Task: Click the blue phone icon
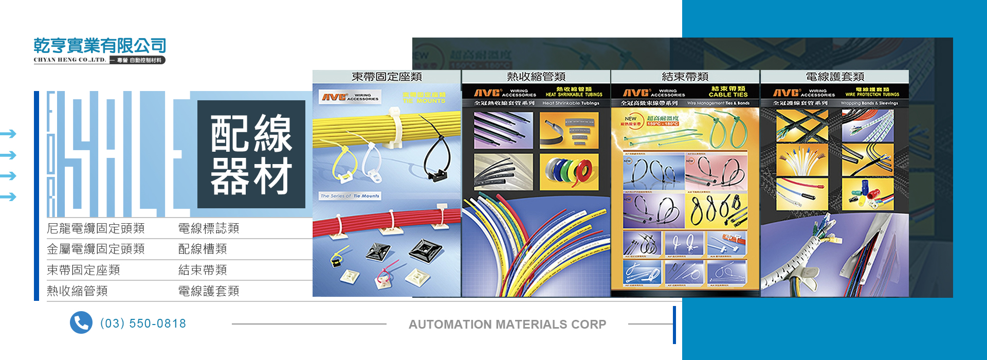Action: pos(81,323)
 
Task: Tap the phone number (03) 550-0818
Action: pos(143,323)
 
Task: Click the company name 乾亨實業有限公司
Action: pos(100,46)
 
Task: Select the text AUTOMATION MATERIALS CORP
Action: pos(507,325)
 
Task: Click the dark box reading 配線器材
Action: pos(251,154)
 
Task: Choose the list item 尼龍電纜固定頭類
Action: pos(96,228)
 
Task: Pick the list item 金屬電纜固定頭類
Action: pos(96,249)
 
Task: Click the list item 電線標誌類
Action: pos(209,228)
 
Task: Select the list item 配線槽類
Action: pos(203,249)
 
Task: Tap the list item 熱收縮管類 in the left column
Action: pos(77,291)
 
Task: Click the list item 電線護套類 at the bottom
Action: pos(209,291)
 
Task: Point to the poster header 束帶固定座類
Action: pos(387,77)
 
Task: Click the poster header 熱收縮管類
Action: pos(536,77)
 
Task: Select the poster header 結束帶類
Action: pos(685,77)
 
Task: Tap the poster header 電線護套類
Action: pos(835,77)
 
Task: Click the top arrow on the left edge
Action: pos(8,134)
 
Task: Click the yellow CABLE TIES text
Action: pos(728,95)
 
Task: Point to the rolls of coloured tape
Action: pos(569,171)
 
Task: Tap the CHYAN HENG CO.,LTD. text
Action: pos(70,60)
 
